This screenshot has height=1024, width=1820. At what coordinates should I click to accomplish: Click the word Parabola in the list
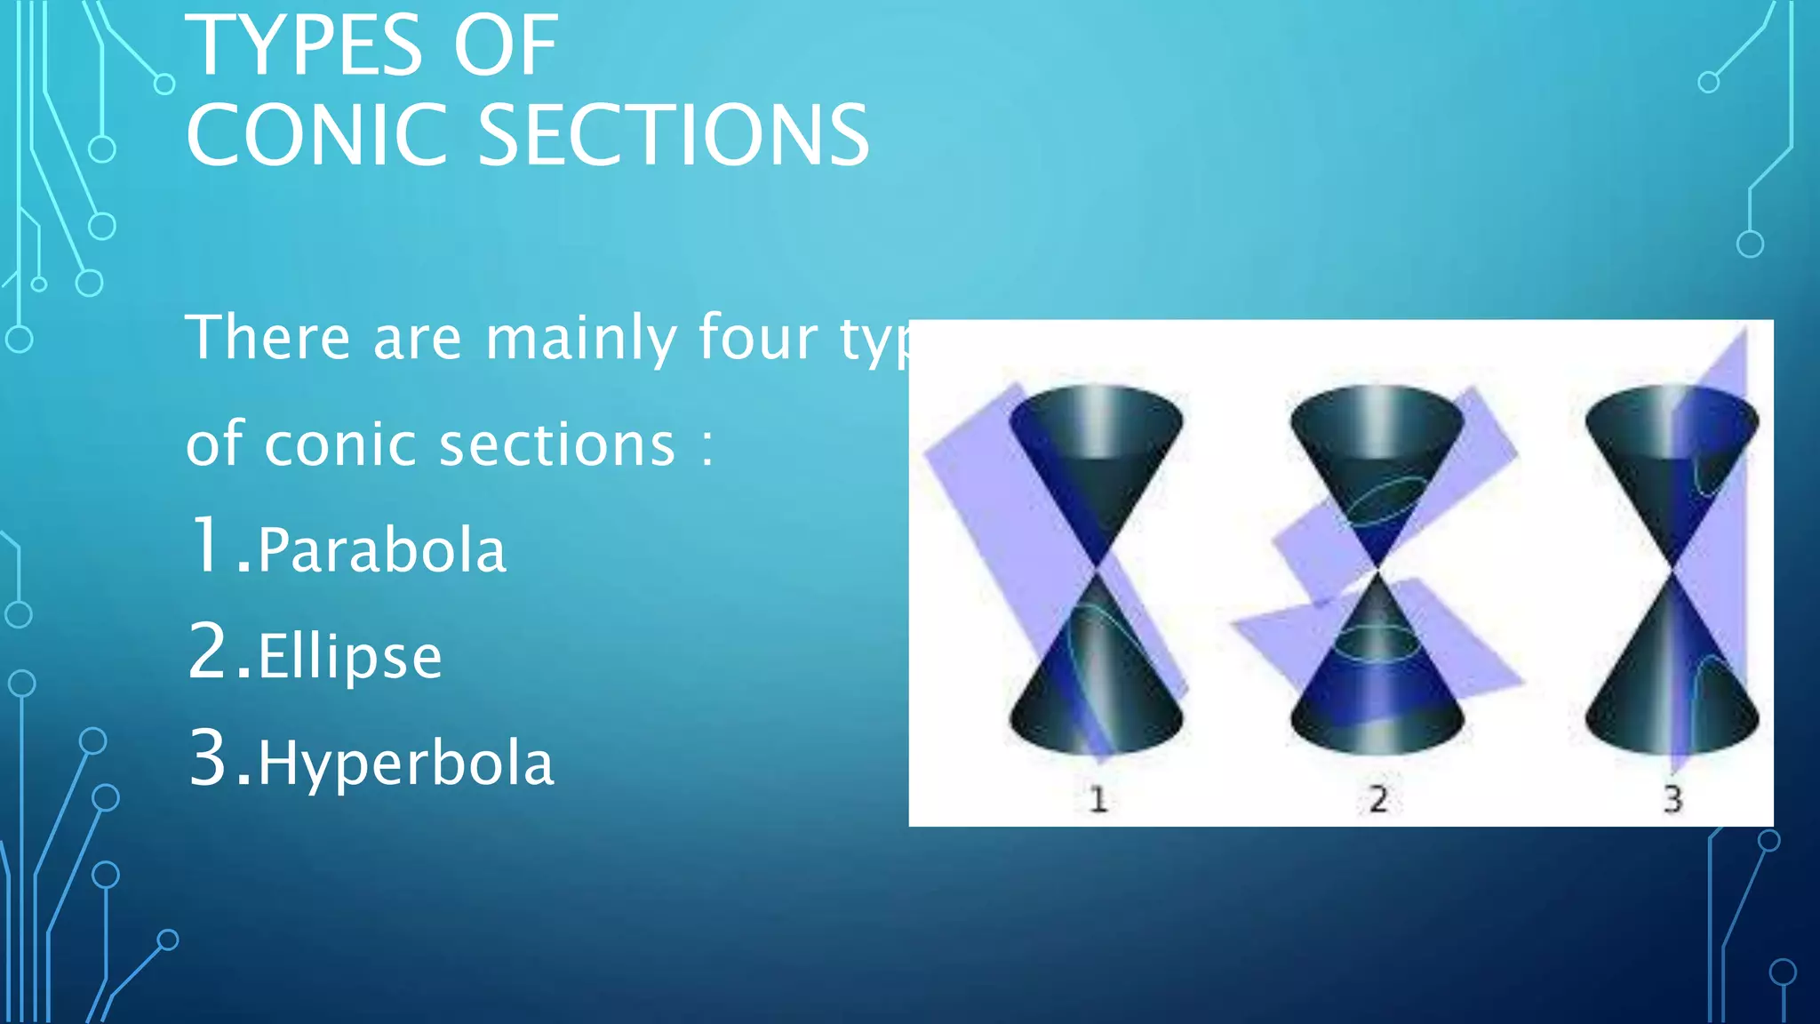[382, 550]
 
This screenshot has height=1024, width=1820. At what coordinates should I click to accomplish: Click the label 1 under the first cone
[1098, 799]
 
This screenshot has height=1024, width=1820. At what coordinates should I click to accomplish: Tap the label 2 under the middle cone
[1378, 799]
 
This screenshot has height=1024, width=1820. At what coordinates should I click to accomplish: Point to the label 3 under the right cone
[1672, 799]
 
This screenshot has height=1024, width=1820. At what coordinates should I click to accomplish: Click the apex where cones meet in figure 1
[1098, 568]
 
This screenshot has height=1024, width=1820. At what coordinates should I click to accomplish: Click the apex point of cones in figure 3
[1673, 568]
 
